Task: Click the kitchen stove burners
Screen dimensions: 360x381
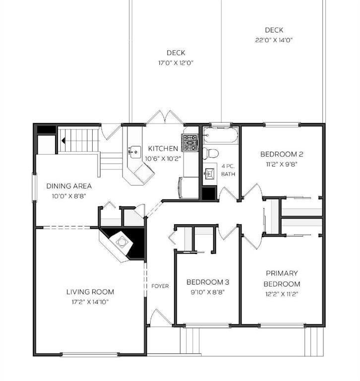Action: click(x=190, y=142)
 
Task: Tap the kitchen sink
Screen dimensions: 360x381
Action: click(x=135, y=152)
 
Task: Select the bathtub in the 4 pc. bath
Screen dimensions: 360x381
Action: click(x=220, y=135)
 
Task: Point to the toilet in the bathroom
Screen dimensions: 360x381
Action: click(x=211, y=153)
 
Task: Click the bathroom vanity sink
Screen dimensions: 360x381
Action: click(x=210, y=174)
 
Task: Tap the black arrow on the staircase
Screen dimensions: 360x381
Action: click(x=63, y=140)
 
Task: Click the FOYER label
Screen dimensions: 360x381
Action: click(x=160, y=286)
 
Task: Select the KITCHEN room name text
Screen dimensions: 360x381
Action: click(x=163, y=148)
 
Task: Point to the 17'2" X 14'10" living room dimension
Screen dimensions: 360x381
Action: click(x=90, y=302)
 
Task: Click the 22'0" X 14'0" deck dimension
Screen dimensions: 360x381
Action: click(x=274, y=40)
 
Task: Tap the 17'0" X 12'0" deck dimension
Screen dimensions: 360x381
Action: click(x=176, y=63)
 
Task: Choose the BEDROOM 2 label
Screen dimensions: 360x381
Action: click(x=282, y=154)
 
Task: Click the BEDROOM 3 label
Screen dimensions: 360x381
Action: click(x=208, y=282)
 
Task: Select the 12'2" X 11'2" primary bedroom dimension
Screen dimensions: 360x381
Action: click(x=282, y=294)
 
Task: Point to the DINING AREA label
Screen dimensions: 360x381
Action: click(x=69, y=186)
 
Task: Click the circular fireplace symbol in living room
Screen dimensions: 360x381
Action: click(x=121, y=242)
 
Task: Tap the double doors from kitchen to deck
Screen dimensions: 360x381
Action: click(x=165, y=117)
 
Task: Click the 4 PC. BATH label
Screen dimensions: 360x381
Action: click(x=228, y=170)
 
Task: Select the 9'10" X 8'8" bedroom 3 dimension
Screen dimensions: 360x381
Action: click(x=208, y=292)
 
